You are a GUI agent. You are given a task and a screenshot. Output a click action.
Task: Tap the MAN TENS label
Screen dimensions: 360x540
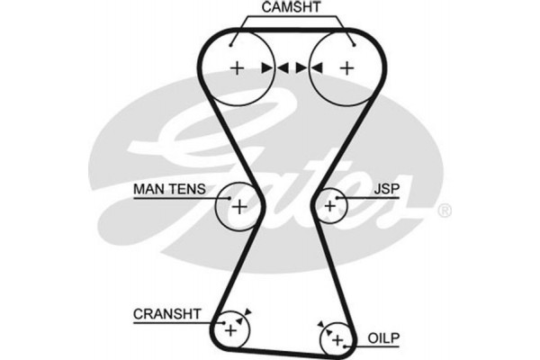[x=170, y=190]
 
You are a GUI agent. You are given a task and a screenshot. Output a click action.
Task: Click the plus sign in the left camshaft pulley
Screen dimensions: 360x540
[x=238, y=67]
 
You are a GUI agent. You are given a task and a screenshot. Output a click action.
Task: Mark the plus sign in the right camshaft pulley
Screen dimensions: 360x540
[x=345, y=67]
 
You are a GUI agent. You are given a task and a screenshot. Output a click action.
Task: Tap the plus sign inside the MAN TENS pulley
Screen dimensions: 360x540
[x=239, y=206]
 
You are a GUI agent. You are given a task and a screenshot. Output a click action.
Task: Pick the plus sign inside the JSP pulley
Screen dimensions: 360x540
[x=330, y=206]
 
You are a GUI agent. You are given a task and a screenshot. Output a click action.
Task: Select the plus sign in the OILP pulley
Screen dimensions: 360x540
[x=337, y=341]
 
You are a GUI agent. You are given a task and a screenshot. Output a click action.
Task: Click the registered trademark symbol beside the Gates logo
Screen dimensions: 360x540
[x=444, y=211]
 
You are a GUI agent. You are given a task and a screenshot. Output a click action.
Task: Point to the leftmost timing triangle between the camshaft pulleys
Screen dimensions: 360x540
[x=267, y=67]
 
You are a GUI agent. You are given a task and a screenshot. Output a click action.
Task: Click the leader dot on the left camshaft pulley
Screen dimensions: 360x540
[x=232, y=41]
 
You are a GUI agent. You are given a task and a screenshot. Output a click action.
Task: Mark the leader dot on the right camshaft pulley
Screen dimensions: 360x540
[x=353, y=41]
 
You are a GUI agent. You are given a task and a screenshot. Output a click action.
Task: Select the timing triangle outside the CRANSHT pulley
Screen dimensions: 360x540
[x=247, y=311]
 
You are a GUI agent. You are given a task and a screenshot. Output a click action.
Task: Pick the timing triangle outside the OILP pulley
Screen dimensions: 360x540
[x=319, y=323]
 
